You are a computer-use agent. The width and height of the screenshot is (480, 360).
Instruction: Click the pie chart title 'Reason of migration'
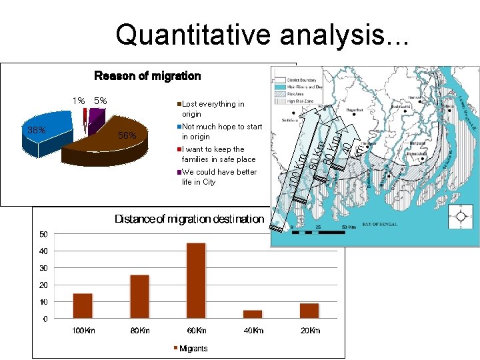[x=147, y=76]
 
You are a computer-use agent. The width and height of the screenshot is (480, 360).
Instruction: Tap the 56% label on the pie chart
[x=127, y=136]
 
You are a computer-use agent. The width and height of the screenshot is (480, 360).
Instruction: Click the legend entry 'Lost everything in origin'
[x=213, y=109]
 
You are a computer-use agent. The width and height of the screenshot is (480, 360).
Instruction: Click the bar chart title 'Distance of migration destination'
[x=189, y=219]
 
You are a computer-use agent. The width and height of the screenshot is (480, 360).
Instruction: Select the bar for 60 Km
[x=196, y=281]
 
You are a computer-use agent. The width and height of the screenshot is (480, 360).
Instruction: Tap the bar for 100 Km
[x=83, y=305]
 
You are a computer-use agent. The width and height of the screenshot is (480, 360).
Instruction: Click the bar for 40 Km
[x=253, y=314]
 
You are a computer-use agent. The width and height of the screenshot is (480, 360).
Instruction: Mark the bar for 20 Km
[x=309, y=311]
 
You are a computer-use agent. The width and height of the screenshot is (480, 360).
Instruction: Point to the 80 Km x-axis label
[x=139, y=331]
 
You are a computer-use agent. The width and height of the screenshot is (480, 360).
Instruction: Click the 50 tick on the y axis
[x=43, y=234]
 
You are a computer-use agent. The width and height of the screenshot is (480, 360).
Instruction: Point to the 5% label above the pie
[x=101, y=101]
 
